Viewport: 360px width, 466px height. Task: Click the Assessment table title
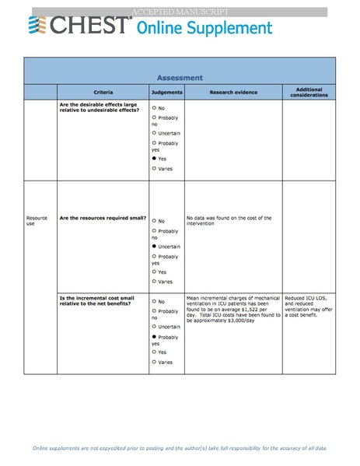(x=180, y=78)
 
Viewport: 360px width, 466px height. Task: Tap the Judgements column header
(x=166, y=93)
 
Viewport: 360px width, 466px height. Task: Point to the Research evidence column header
(x=232, y=93)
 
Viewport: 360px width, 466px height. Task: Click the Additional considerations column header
(x=309, y=93)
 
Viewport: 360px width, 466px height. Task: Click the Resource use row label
(x=37, y=220)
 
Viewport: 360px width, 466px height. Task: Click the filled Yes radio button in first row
(x=155, y=158)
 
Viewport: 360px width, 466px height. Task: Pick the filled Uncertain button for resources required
(x=155, y=246)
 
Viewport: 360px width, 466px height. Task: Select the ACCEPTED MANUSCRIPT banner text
(x=180, y=12)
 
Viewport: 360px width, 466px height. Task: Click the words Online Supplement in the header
(x=204, y=29)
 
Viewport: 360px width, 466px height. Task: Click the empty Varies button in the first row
(x=155, y=168)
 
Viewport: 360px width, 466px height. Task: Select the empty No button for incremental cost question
(x=155, y=300)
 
